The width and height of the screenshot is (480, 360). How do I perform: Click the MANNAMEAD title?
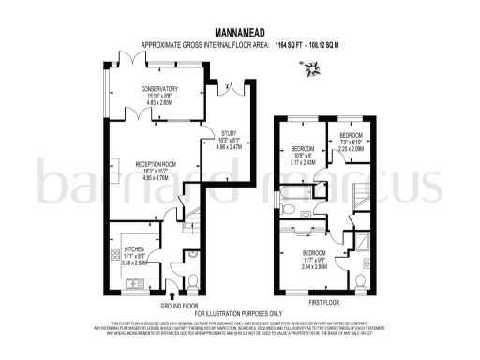click(240, 30)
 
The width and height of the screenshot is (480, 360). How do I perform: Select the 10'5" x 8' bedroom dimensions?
click(305, 157)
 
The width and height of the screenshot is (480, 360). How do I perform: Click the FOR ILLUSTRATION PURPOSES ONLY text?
click(238, 313)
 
